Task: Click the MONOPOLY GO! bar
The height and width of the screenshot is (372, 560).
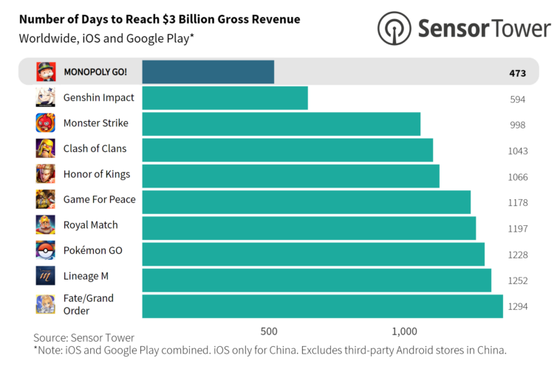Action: [208, 72]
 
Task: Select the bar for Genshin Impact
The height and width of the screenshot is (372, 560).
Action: [225, 98]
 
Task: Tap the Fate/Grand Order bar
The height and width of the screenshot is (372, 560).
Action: [322, 305]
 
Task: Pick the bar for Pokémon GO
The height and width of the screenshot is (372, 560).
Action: [313, 253]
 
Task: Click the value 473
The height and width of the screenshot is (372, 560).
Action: [517, 73]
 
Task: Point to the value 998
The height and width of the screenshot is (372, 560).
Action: [517, 125]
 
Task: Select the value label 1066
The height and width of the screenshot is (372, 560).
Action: [517, 176]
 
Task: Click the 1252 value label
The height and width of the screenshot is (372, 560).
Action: [517, 280]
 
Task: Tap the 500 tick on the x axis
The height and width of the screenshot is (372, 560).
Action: [269, 330]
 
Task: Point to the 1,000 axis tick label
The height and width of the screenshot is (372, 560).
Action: [405, 330]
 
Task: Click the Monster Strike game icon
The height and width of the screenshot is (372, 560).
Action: [46, 123]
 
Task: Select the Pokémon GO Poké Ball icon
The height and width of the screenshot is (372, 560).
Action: [46, 251]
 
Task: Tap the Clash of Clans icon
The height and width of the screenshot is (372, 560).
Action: [46, 148]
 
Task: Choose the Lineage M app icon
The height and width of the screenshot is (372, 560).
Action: [46, 276]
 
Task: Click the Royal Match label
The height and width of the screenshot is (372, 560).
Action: [90, 225]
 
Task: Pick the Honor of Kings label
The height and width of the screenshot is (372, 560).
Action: [96, 174]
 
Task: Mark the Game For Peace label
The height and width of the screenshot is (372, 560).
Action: [99, 199]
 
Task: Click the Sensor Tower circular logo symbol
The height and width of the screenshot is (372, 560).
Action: [394, 28]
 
